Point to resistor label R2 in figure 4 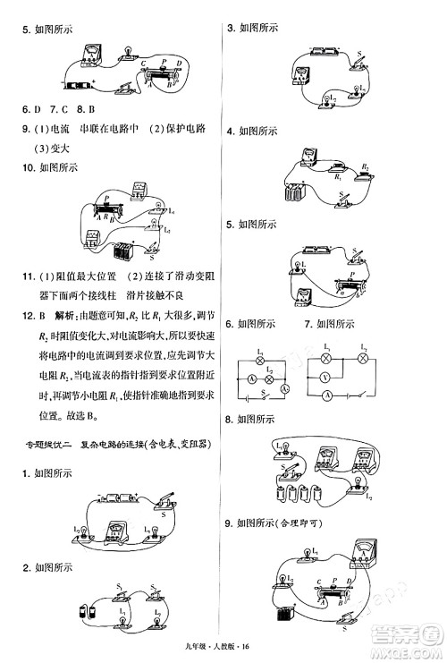pos(364,166)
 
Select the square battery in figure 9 pos(286,616)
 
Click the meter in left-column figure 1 pos(114,532)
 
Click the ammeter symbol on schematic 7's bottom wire pos(329,395)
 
